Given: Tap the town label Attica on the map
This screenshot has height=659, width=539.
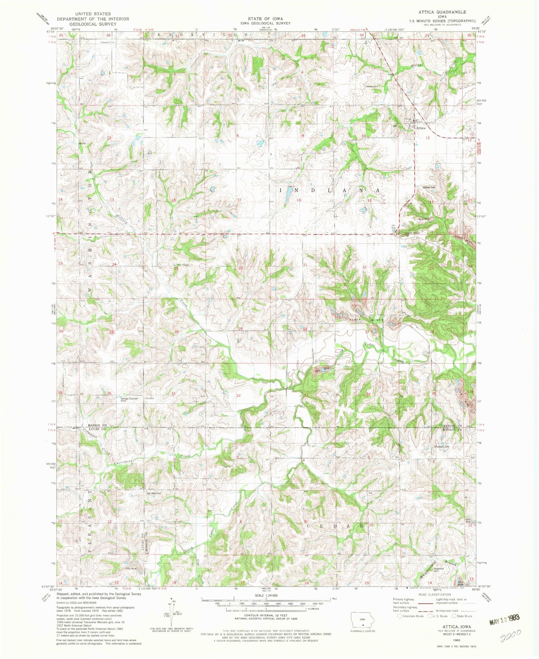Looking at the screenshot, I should pos(421,128).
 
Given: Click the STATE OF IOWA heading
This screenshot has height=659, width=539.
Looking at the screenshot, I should pos(265,19).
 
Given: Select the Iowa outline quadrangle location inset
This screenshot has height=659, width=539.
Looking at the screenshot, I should pos(362,620).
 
